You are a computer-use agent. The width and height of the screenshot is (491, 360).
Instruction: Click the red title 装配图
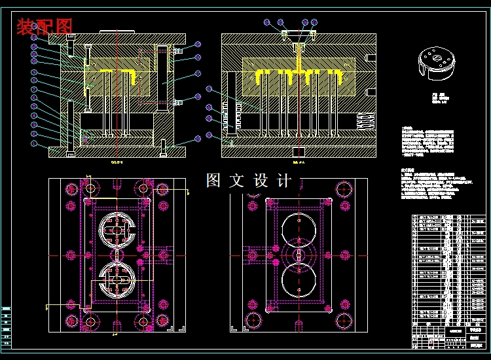pyautogui.click(x=45, y=27)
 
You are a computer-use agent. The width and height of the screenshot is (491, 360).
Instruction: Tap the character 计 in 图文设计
pyautogui.click(x=284, y=181)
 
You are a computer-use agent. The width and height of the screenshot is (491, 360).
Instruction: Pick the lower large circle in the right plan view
pyautogui.click(x=298, y=278)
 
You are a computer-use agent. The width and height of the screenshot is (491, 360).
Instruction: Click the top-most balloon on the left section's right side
pyautogui.click(x=198, y=45)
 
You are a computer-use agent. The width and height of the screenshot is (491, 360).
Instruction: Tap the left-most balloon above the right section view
pyautogui.click(x=267, y=22)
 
